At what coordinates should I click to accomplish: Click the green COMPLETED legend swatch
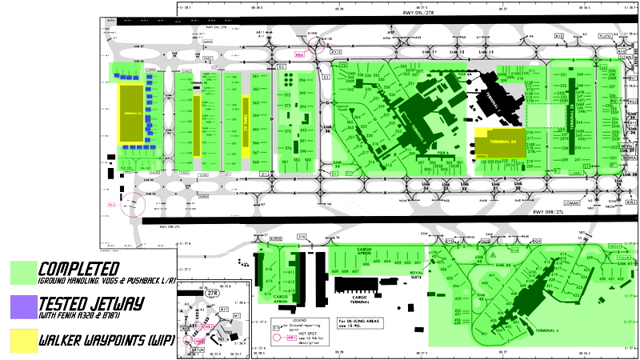click(24, 272)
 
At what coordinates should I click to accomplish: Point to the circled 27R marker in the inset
click(213, 293)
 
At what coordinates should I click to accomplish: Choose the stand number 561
click(256, 75)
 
